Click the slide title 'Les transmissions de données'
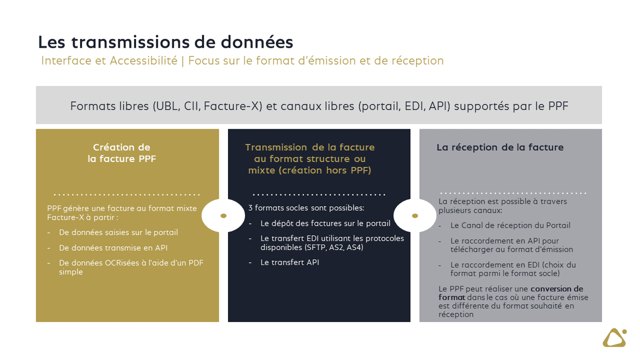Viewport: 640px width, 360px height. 165,42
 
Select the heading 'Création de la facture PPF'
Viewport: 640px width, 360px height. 122,153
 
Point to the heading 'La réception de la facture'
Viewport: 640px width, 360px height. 500,148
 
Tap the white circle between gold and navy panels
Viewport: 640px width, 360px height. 223,216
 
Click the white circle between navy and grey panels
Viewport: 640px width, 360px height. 415,216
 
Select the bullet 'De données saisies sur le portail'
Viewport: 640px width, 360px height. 118,233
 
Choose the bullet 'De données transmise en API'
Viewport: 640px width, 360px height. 113,248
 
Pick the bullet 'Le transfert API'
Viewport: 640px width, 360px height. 290,262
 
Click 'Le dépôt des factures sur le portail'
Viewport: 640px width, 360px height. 325,223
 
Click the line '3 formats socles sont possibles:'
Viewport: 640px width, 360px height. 306,208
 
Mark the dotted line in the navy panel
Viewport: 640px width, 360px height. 318,195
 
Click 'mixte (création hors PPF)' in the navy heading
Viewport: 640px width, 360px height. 310,170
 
